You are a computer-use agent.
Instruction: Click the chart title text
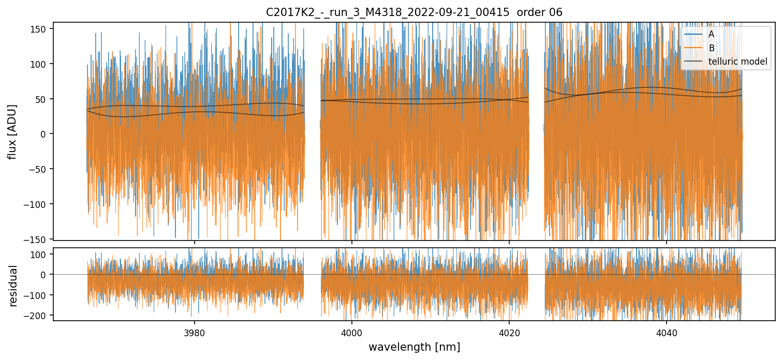click(x=414, y=12)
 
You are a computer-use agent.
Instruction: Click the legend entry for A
click(x=712, y=34)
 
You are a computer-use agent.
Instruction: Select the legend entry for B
click(x=712, y=48)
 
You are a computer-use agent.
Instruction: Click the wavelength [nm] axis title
click(x=414, y=347)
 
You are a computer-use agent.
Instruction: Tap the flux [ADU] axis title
click(x=11, y=131)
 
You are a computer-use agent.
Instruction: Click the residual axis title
click(x=13, y=285)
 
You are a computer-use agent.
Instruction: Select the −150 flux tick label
click(x=38, y=239)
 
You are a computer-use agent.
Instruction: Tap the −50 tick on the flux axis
click(x=40, y=169)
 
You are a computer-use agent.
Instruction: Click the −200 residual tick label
click(x=38, y=316)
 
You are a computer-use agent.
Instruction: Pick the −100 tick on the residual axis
click(x=38, y=295)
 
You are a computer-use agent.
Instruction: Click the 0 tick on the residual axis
click(x=46, y=275)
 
